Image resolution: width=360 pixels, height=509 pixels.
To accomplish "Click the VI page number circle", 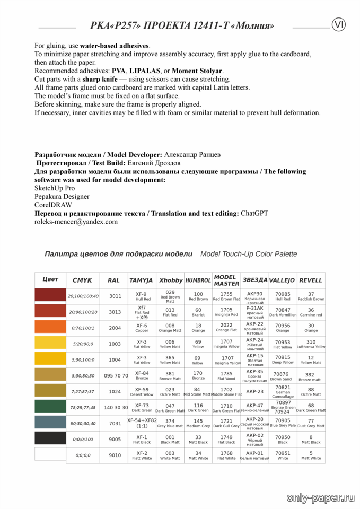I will (x=339, y=24).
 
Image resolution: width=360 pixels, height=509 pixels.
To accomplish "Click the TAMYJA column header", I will (x=141, y=280).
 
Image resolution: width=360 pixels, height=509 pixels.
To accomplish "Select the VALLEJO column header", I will (x=282, y=280).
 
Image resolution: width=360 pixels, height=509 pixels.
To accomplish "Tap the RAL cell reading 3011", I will (x=115, y=296).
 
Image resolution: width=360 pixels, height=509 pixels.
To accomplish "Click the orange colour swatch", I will (x=50, y=328).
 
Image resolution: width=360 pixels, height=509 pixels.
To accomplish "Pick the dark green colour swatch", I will (x=50, y=407).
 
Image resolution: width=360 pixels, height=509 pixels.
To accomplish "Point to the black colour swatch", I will (x=50, y=438).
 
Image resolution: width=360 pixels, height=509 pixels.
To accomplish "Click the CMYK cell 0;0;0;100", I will (x=83, y=439).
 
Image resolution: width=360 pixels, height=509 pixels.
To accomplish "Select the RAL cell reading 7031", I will (x=115, y=423).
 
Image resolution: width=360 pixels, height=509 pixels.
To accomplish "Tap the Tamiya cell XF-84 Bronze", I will (x=142, y=375).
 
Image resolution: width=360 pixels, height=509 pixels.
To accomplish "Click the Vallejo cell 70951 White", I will (x=283, y=455).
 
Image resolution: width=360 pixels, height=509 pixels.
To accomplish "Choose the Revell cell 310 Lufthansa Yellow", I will (x=311, y=344).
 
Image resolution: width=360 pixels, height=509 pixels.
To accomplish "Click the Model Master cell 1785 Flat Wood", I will (x=226, y=375).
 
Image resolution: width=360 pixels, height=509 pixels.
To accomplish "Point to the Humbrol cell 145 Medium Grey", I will (x=198, y=423).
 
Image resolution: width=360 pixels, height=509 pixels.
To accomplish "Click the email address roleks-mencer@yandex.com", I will (x=76, y=222).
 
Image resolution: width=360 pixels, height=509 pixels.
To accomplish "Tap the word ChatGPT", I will (x=254, y=213).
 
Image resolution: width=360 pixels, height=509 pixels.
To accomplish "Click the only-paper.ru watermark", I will (x=320, y=497).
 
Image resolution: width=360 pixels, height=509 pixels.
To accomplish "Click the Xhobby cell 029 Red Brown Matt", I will (x=170, y=296).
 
